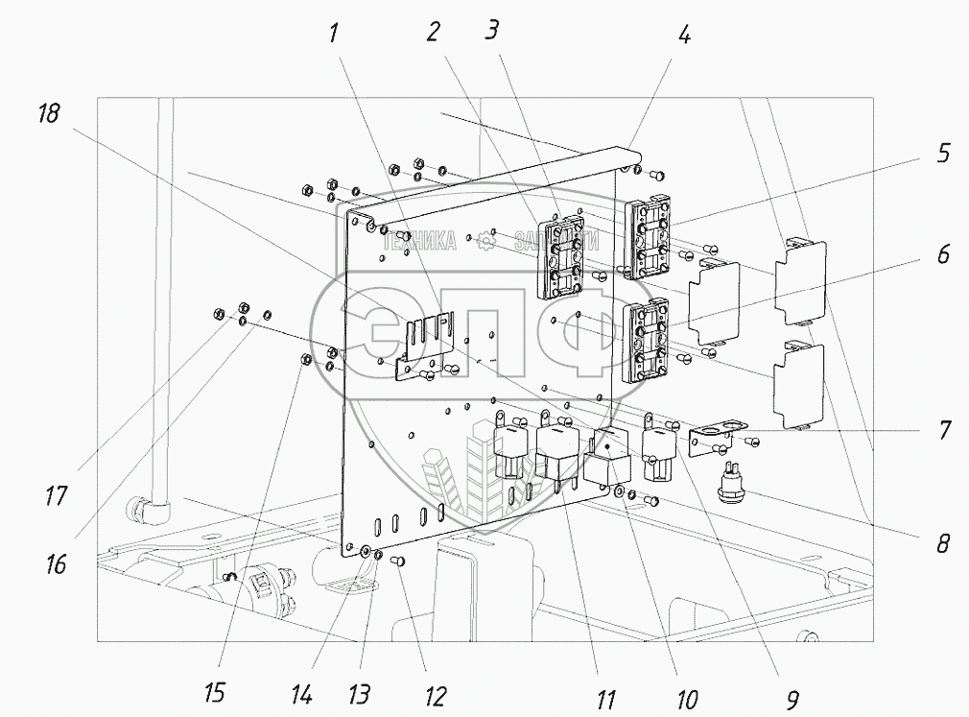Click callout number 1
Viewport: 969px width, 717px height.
(x=333, y=34)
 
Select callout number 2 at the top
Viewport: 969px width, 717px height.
(x=434, y=33)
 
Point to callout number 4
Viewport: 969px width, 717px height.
(x=683, y=36)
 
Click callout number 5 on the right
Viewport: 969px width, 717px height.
(x=943, y=154)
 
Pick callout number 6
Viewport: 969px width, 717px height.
(x=943, y=255)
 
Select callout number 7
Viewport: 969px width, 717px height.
(x=943, y=430)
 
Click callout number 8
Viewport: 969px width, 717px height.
(x=943, y=544)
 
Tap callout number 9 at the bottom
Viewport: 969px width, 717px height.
(x=792, y=700)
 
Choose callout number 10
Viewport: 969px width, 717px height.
(x=687, y=700)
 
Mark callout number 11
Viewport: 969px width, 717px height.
(x=604, y=700)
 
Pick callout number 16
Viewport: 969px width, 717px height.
(x=56, y=563)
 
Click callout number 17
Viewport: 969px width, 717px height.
(x=56, y=496)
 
